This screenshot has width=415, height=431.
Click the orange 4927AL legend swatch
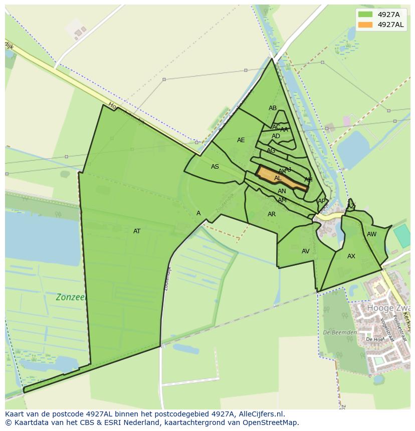pos(366,25)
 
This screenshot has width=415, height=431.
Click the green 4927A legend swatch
pos(366,15)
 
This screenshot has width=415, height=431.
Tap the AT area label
pos(137,231)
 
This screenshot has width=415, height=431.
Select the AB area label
pos(273,108)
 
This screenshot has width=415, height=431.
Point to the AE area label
pos(241,140)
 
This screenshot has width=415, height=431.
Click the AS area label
pos(215,167)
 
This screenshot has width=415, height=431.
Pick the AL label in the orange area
pos(278,178)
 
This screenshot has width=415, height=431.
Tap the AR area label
pos(272,214)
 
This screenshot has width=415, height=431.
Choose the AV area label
pos(306,251)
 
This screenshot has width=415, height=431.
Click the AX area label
pos(351,256)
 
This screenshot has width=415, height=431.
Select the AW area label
pos(371,234)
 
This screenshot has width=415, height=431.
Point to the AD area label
pos(276,136)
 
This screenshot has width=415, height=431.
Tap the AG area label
pos(271,151)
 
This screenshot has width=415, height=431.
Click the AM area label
pos(282,200)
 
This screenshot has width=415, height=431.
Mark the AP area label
pos(321,201)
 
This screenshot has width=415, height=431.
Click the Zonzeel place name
pos(71,297)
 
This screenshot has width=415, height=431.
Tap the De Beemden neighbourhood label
pos(340,332)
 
